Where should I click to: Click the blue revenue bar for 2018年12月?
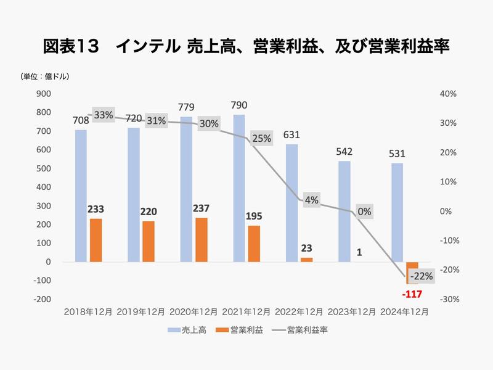click(81, 195)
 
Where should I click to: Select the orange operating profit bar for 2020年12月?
click(201, 239)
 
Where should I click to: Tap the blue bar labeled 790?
click(238, 188)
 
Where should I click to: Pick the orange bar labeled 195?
click(254, 244)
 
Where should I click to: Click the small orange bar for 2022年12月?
click(306, 260)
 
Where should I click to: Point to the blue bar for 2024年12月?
click(397, 212)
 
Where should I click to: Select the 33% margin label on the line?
click(104, 115)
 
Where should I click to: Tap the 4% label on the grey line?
click(311, 200)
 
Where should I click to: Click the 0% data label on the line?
click(364, 212)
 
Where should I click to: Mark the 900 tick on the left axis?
click(43, 94)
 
